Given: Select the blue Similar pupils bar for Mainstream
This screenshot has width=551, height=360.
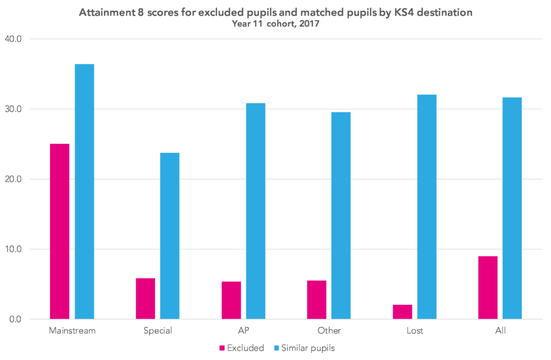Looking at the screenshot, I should click(84, 192).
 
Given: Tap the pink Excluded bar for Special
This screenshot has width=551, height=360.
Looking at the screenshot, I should click(145, 299).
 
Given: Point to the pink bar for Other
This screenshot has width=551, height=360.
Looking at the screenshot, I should click(316, 300).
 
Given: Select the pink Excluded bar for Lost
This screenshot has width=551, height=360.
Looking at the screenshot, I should click(402, 312).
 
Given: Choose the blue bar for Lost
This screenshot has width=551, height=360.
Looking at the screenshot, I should click(427, 207).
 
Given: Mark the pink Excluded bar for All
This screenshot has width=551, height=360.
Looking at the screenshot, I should click(488, 287).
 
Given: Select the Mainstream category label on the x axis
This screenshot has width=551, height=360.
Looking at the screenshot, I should click(72, 330).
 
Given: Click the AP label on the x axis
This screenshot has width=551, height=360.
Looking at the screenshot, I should click(243, 330).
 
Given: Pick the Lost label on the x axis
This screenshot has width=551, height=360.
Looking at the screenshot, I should click(414, 330).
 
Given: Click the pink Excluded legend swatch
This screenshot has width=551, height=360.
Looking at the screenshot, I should click(222, 348).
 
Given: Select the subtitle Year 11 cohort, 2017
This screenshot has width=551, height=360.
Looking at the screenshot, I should click(275, 24).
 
